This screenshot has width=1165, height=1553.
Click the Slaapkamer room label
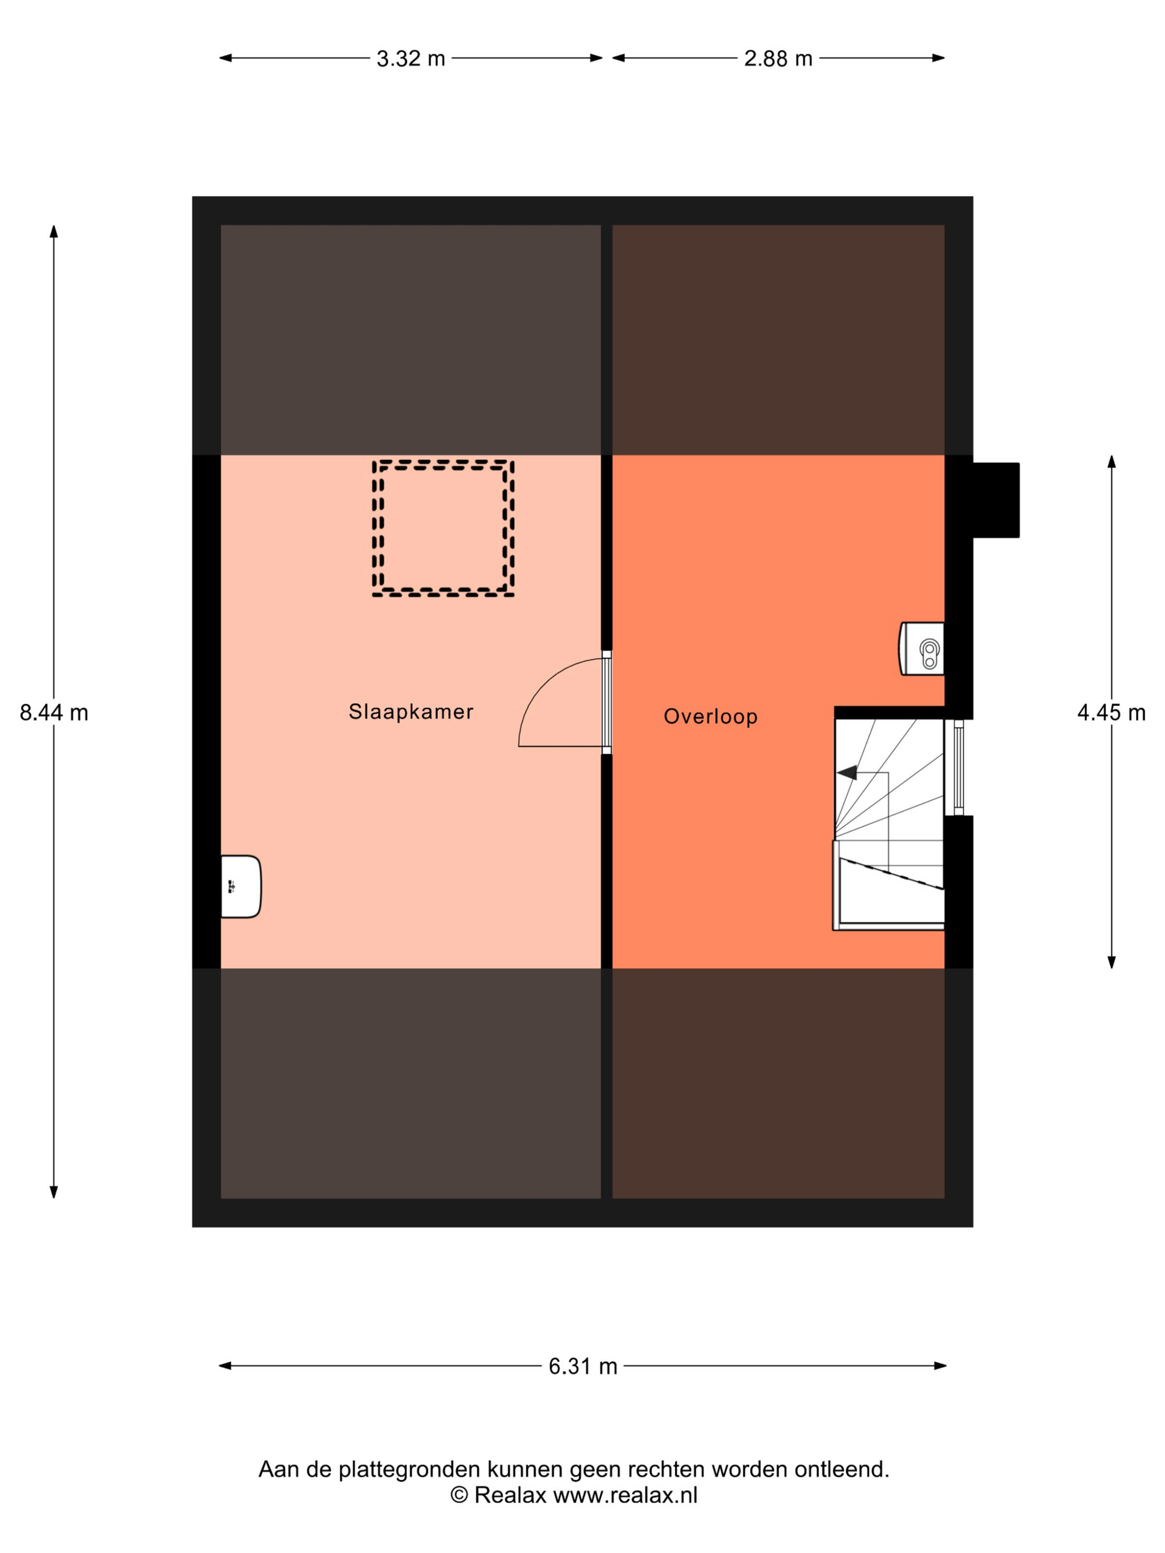pos(411,712)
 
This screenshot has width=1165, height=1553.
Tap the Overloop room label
pos(711,717)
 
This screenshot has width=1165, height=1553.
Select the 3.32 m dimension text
pos(411,58)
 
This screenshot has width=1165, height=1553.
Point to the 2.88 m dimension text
pos(778,58)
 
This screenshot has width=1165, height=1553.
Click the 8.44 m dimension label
pos(54,713)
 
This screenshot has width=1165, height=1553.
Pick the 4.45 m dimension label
pos(1112,713)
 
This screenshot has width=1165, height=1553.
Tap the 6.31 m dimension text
pos(583,1366)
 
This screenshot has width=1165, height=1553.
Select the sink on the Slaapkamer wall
pos(241,887)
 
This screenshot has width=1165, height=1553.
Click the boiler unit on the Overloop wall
pos(921,649)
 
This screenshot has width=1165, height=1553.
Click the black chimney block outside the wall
pos(996,500)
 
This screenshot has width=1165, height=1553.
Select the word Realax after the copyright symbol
pos(510,1495)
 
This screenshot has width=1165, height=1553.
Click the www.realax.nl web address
pos(625,1495)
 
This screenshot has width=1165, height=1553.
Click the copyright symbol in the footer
pos(459,1495)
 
